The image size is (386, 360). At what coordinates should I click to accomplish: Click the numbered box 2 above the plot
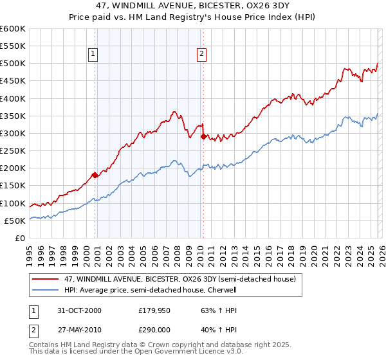202,55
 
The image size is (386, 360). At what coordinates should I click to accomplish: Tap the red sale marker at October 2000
95,175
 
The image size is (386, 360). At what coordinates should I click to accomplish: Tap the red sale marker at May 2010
203,136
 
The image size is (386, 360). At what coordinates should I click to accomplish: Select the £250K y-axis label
12,151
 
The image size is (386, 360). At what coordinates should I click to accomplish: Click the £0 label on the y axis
19,239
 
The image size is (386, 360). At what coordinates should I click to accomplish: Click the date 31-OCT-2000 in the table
80,310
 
